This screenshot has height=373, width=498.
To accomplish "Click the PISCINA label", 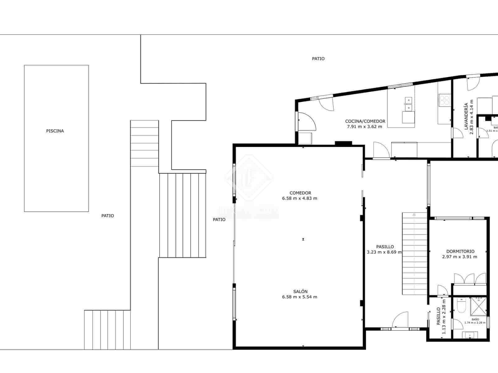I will (55, 131).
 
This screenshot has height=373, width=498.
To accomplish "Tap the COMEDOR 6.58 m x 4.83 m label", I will (300, 196).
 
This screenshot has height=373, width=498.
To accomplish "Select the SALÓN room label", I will (300, 292).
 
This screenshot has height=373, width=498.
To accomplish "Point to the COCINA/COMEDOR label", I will (365, 121).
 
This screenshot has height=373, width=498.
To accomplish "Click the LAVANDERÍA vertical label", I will (466, 117).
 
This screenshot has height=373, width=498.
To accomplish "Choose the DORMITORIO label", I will (460, 251).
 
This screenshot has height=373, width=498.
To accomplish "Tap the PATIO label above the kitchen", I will (318, 58).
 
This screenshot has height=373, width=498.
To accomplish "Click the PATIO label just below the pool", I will (108, 216).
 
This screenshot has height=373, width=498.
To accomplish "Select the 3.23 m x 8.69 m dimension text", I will (384, 252).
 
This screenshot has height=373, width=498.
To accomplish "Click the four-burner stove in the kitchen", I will (444, 100).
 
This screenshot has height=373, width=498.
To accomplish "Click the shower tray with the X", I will (478, 305).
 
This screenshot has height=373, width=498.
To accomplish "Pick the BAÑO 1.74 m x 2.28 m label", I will (475, 321).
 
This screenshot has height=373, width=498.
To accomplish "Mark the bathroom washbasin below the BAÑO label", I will (470, 335).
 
